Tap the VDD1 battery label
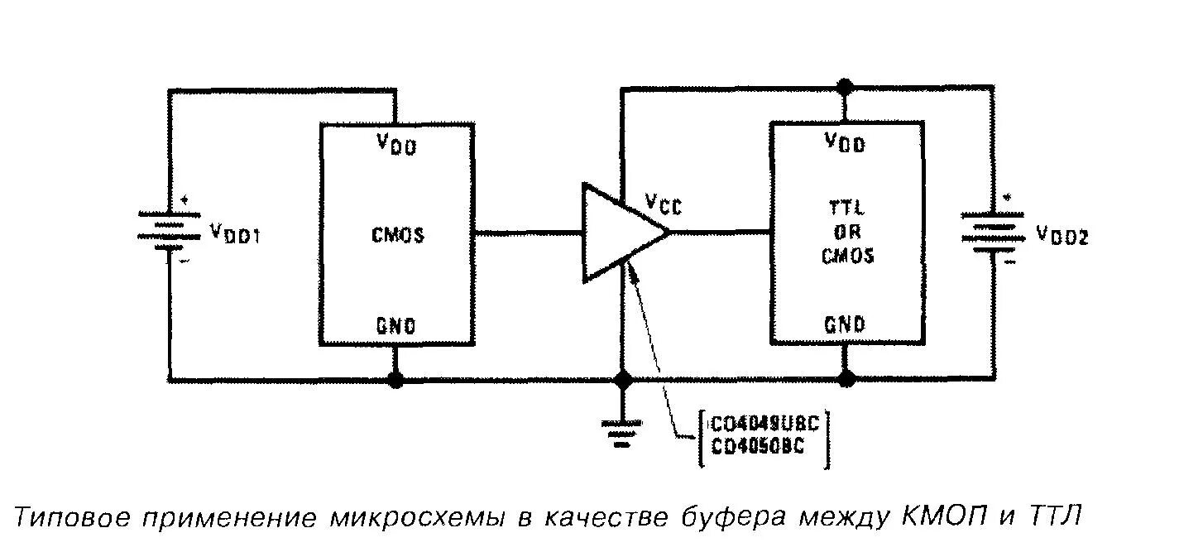click(x=237, y=233)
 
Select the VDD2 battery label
click(x=1062, y=237)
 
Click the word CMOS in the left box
click(x=397, y=235)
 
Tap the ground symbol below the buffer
click(x=622, y=430)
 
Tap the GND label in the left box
click(x=396, y=325)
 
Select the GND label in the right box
click(x=844, y=324)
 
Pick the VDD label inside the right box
click(x=844, y=143)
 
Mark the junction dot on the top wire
click(x=845, y=86)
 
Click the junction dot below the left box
click(x=396, y=380)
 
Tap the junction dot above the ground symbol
click(x=622, y=380)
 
